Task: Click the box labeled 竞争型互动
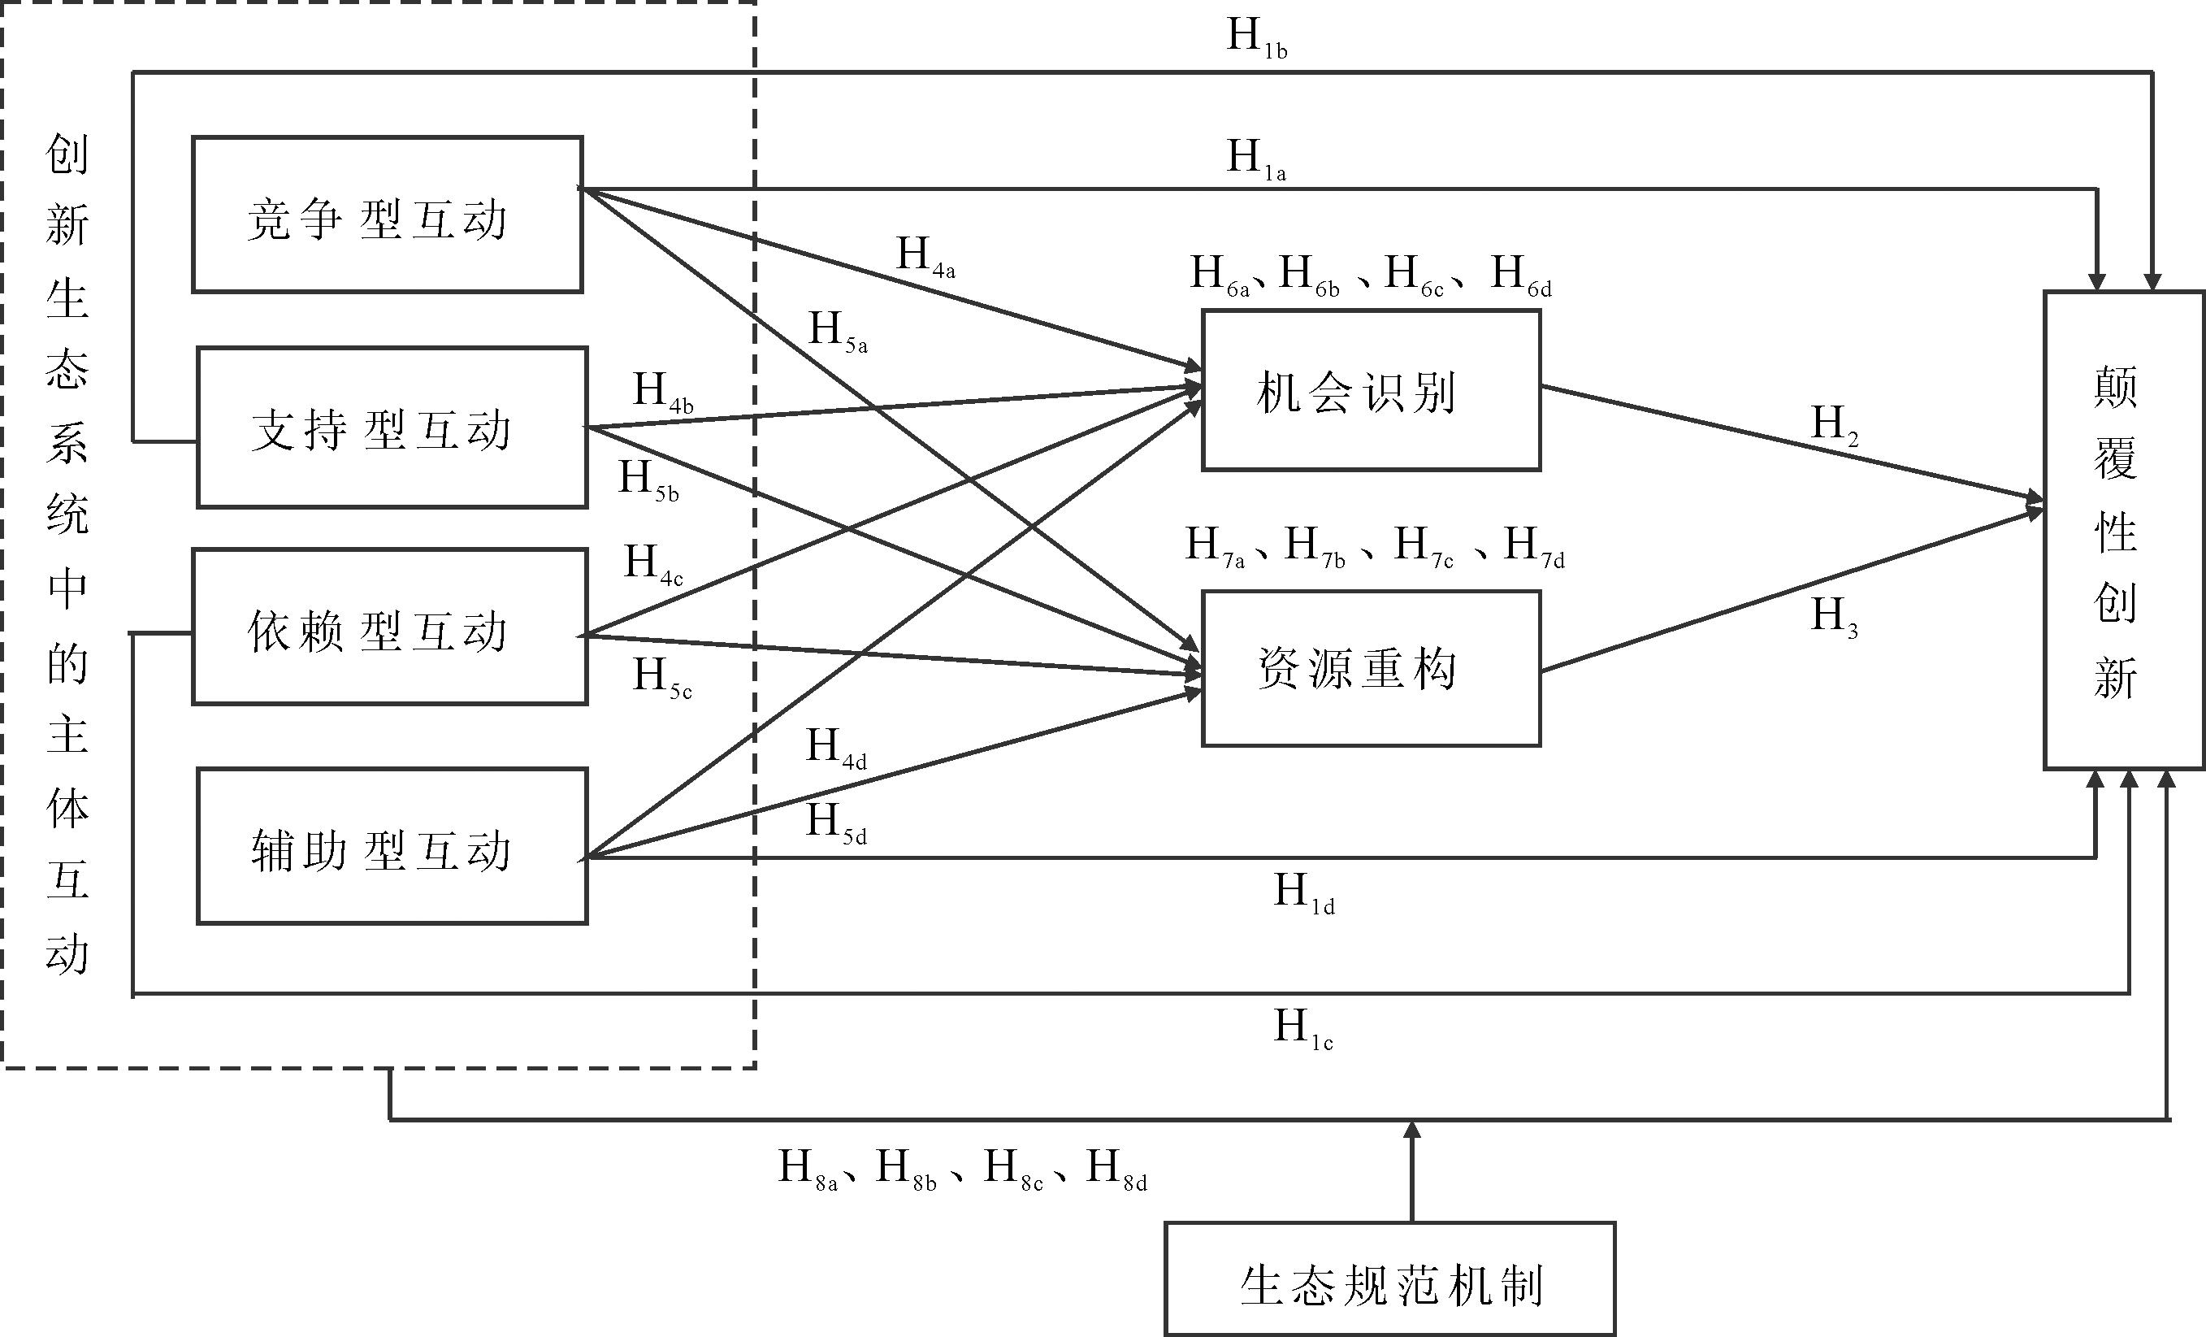387,215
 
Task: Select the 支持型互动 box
392,428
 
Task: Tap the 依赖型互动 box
389,627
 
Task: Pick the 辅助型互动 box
392,845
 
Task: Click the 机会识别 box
1371,390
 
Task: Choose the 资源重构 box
1371,668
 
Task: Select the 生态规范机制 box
1389,1278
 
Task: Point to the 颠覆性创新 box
2123,530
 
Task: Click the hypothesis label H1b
1256,38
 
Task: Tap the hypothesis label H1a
1256,159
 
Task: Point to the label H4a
925,257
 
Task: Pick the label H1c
1303,1029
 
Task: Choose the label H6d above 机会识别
1520,275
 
